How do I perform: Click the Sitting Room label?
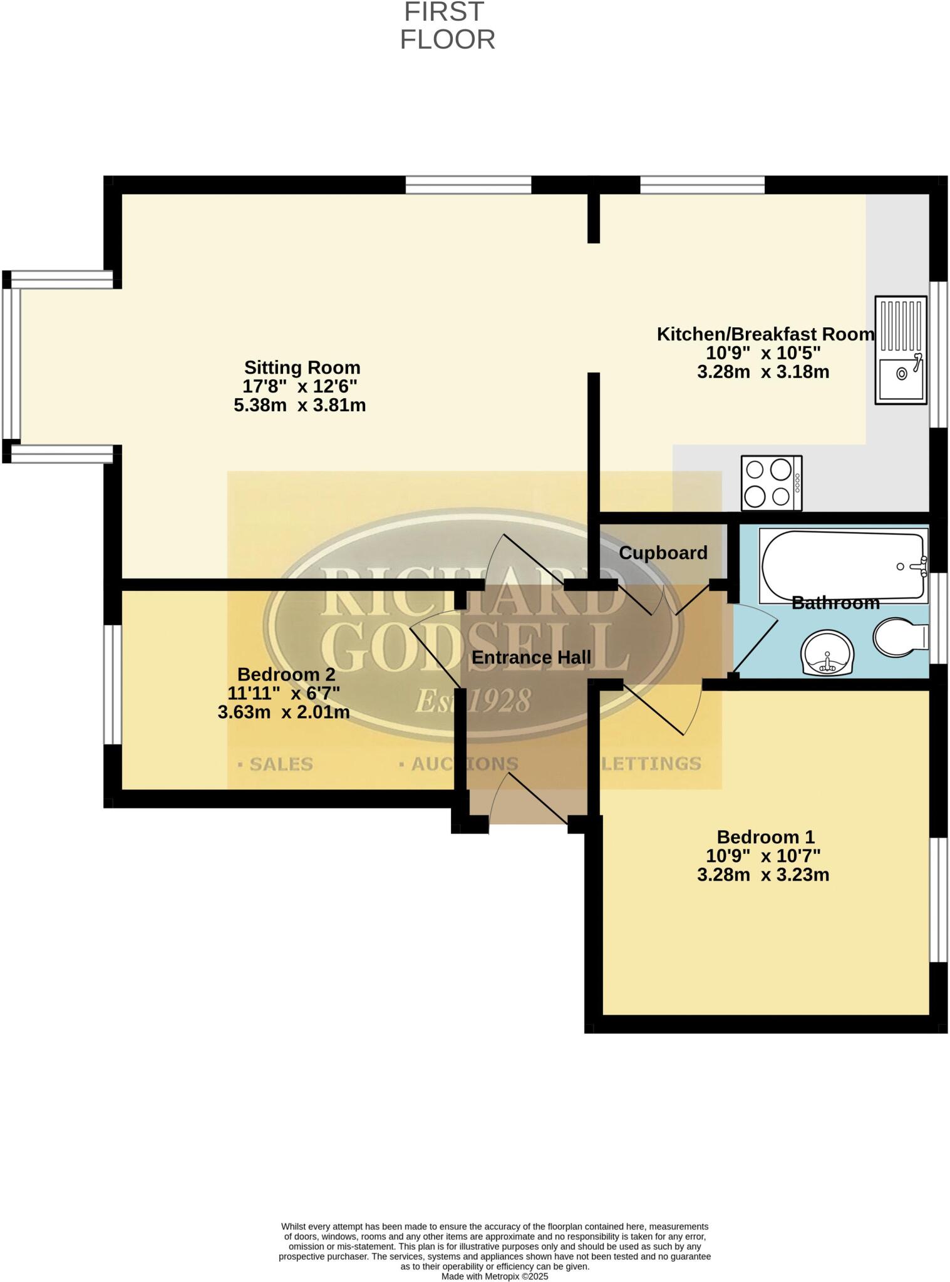coord(302,367)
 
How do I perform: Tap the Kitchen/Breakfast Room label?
coord(765,334)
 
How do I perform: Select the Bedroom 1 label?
coord(765,837)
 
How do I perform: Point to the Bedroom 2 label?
coord(286,675)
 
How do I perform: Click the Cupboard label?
coord(663,553)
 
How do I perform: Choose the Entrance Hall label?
coord(531,658)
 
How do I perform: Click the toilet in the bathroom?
coord(900,637)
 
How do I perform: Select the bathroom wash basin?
coord(827,652)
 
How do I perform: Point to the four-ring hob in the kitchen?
coord(771,483)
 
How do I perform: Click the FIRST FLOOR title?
coord(447,26)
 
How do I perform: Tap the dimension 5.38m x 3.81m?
coord(300,406)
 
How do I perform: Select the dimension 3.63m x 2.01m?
coord(284,712)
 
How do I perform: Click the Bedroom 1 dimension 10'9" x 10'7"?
coord(763,856)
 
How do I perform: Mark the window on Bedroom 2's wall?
coord(112,685)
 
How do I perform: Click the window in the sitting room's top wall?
coord(468,185)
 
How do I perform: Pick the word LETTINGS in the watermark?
coord(651,764)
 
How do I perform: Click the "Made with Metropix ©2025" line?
coord(495,1276)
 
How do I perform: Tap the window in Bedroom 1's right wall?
coord(937,900)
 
